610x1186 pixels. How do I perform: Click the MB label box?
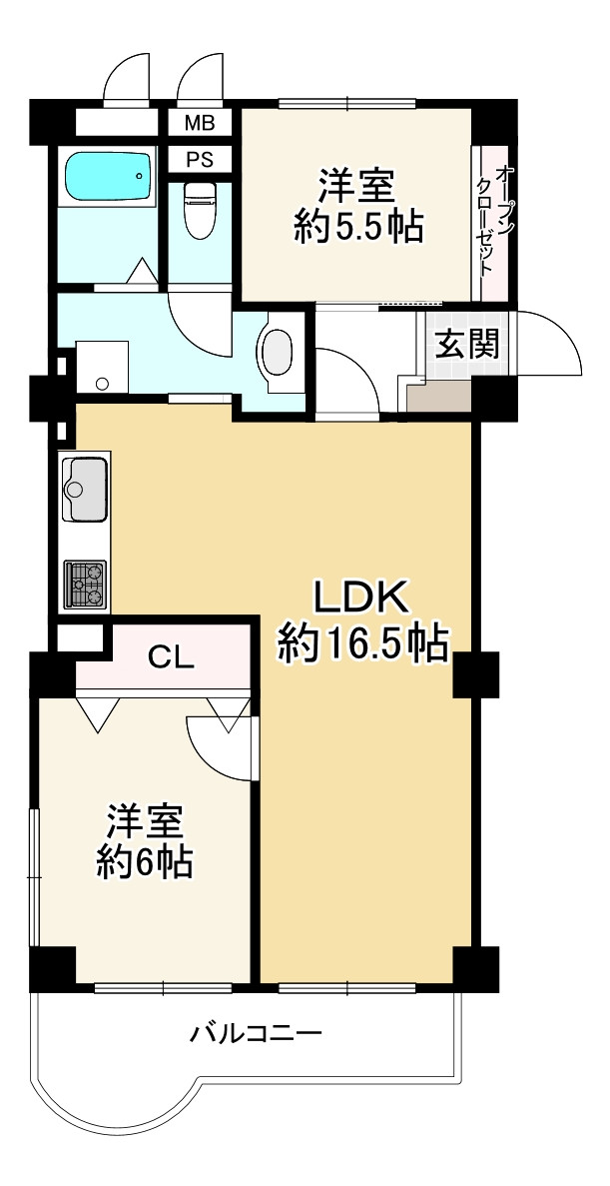coord(199,123)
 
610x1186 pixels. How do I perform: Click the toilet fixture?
coord(200,210)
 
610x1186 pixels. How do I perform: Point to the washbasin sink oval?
coord(277,353)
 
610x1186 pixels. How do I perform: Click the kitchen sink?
coord(85,489)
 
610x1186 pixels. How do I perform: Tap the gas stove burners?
coord(85,585)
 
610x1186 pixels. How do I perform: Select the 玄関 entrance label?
coord(466,345)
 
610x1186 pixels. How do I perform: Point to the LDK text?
coord(361,597)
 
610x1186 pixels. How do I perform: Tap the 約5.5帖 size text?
coord(356,228)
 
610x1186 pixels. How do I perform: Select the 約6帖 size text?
coord(145,861)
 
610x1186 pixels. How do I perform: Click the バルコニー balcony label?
coord(257,1032)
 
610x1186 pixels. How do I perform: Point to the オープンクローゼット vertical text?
coord(494,222)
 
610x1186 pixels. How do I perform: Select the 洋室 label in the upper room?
coord(356,186)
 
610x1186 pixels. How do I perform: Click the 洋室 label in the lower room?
coord(145,821)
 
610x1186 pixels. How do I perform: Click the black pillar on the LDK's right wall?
coord(474,674)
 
